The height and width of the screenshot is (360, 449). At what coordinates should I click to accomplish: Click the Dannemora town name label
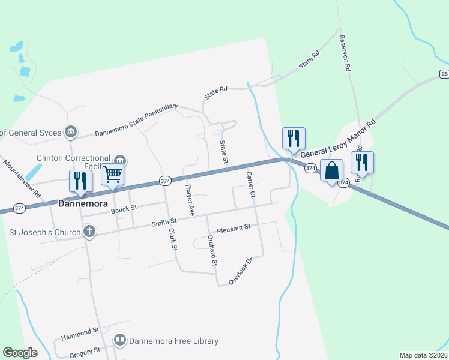coord(82,203)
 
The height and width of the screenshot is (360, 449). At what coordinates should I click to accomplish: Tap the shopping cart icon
coord(112,175)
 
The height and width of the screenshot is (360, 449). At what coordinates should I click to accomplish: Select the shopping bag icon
coord(331,170)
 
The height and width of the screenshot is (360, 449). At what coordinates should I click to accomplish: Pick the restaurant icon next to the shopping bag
coord(362,163)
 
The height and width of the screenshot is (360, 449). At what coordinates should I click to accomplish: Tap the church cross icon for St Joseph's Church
coord(89,230)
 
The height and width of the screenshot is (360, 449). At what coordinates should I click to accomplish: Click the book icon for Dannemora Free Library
coord(120,341)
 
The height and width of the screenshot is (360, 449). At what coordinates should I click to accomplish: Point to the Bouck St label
coord(124,208)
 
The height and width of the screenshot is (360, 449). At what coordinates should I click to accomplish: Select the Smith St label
coord(164,223)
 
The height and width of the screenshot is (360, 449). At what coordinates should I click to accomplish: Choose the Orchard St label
coord(212,248)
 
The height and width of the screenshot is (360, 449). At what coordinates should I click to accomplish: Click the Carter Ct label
coord(251,185)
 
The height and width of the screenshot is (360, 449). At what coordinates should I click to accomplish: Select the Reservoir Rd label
coord(344,53)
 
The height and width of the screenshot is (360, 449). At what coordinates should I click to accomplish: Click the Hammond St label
coord(80,331)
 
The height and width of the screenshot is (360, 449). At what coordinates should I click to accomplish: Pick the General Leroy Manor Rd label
coord(337,139)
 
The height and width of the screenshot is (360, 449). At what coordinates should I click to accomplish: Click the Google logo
coord(20,353)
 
